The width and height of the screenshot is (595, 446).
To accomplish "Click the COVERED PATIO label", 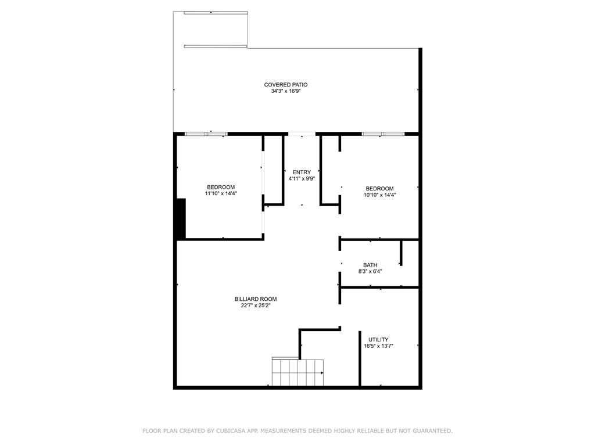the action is (286, 85).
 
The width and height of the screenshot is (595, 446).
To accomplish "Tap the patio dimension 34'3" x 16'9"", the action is (286, 91).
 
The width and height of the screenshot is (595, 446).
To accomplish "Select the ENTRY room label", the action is (302, 172).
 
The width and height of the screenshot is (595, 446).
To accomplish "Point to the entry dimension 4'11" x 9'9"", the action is (302, 179).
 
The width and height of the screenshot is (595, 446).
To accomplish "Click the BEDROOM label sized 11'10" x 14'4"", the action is (221, 187).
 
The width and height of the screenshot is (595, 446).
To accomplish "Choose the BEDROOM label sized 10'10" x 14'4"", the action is (379, 189).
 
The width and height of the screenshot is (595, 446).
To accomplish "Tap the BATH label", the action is (370, 265).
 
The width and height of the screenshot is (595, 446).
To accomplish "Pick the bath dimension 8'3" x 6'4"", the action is (370, 272).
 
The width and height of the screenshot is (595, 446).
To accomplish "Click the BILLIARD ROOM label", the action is (256, 299).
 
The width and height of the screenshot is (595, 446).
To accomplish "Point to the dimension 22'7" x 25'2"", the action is (256, 305).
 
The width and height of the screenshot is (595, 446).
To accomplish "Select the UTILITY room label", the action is (378, 339).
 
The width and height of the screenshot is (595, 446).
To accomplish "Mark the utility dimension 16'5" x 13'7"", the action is (378, 346).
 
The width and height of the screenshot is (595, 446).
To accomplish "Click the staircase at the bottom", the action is (298, 372).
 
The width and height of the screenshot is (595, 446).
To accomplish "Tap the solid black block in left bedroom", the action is (181, 219).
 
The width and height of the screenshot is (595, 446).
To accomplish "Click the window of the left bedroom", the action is (206, 134).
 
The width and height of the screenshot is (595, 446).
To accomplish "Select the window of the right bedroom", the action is (383, 134).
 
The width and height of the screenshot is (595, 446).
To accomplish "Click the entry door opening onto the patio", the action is (302, 134).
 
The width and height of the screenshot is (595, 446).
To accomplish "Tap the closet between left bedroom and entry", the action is (273, 171).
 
